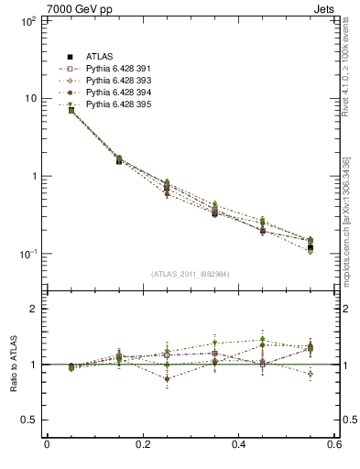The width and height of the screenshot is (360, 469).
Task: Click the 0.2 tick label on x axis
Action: click(142, 446)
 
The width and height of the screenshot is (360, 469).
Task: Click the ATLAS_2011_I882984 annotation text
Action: click(191, 274)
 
